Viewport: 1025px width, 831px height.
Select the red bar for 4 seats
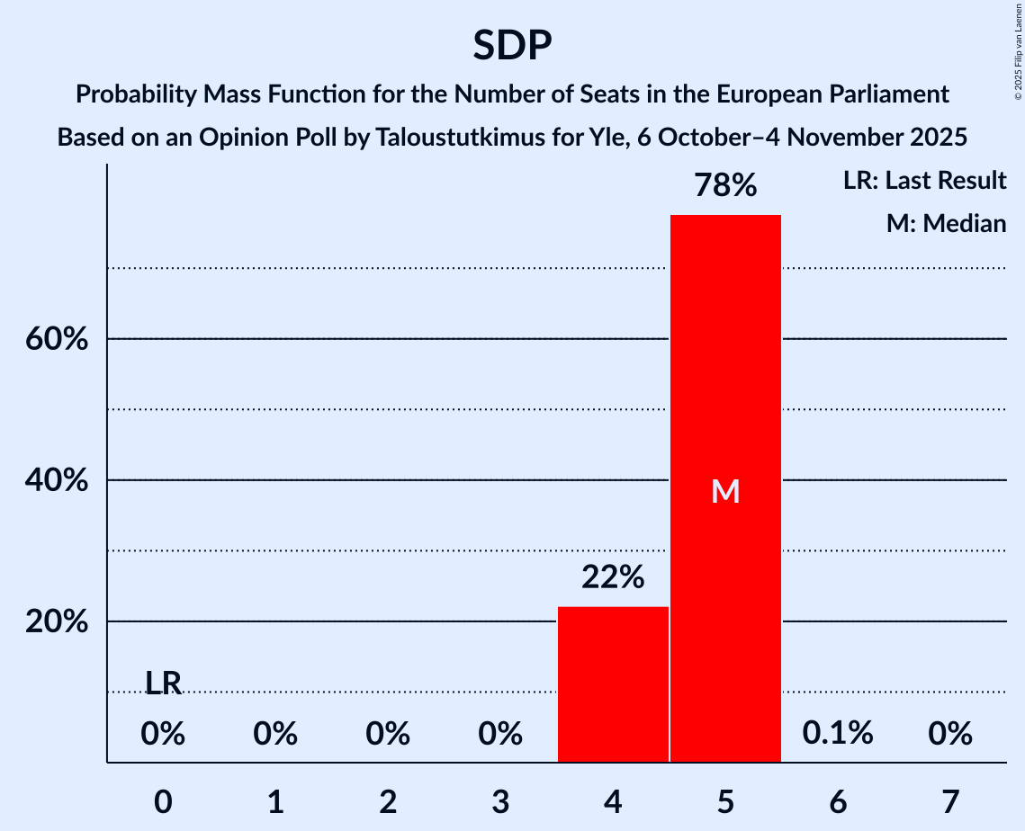[x=613, y=684]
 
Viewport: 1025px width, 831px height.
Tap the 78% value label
[x=725, y=186]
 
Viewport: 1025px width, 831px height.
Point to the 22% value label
[x=613, y=577]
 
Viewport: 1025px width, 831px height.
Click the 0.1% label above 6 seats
[x=838, y=733]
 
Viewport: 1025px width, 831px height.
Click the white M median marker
[x=725, y=491]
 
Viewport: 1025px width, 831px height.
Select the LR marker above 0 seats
[x=163, y=684]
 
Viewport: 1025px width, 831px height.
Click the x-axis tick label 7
[x=950, y=801]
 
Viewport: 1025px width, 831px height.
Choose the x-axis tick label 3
[x=500, y=801]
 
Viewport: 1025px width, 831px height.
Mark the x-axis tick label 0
[x=163, y=801]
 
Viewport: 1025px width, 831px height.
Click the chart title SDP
[x=512, y=45]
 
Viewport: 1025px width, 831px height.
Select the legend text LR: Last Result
[x=924, y=181]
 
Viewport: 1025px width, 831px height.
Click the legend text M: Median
[x=946, y=223]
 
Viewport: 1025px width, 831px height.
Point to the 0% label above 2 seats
[x=388, y=734]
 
